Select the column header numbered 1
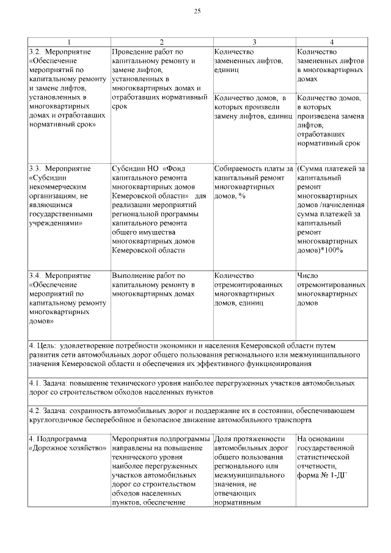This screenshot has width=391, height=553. click(69, 42)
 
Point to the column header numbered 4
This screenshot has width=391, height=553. click(331, 42)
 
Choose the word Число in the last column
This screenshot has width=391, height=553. click(307, 276)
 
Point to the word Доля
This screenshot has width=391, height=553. click(224, 439)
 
